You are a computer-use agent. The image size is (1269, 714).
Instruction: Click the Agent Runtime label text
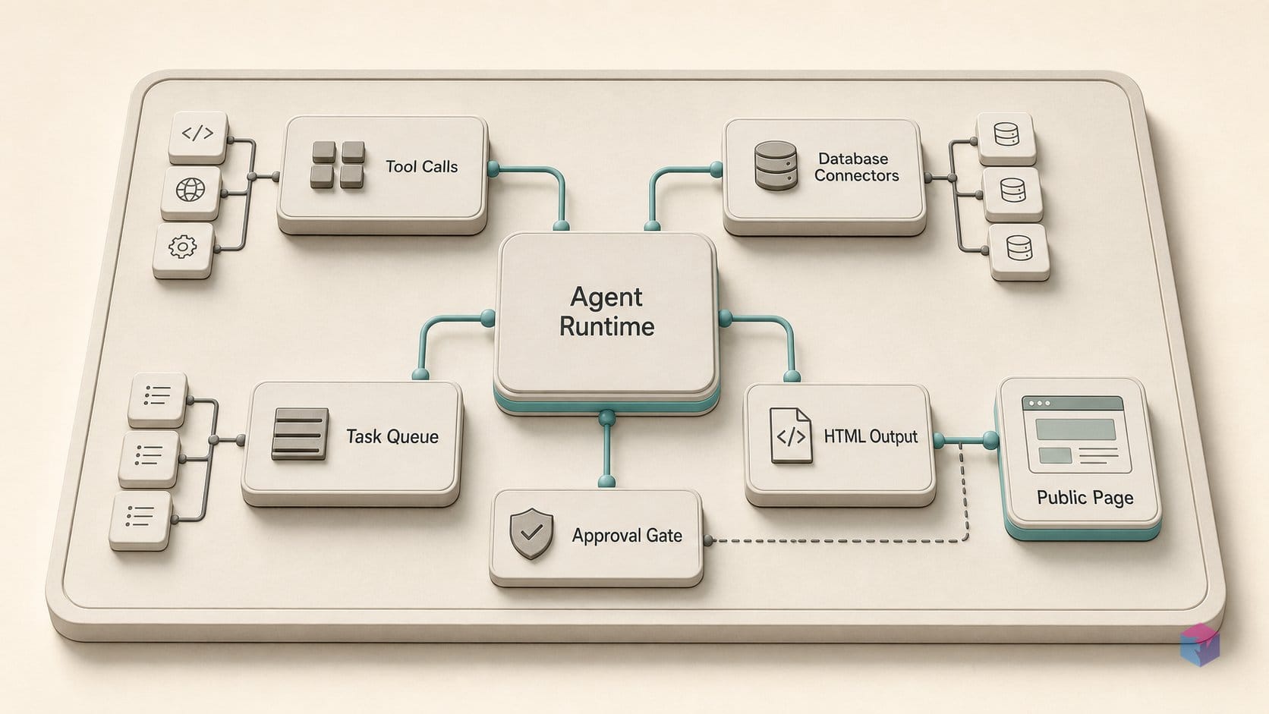coord(606,311)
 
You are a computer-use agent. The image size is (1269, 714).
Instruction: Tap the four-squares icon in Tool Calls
coord(338,165)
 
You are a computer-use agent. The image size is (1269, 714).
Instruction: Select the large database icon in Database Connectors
coord(776,165)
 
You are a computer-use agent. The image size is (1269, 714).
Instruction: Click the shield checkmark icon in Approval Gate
coord(531,533)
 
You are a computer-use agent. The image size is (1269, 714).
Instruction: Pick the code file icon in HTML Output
coord(791,436)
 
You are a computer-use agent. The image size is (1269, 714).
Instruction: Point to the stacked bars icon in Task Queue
coord(300,434)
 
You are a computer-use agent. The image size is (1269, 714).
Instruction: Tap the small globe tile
coord(191,193)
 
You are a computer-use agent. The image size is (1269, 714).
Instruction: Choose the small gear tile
coord(183,250)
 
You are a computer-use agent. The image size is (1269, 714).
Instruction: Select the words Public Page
coord(1085,498)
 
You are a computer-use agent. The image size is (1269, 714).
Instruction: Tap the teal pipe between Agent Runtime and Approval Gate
coord(606,449)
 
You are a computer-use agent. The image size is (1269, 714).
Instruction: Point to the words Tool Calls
coord(421,166)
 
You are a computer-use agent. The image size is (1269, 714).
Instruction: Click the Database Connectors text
coord(856,167)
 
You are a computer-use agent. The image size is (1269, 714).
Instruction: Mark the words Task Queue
coord(392,436)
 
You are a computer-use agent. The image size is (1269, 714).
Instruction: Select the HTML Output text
coord(871,436)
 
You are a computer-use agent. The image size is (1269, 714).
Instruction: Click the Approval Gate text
coord(627,536)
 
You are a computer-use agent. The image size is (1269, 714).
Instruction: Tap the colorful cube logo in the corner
coord(1200,645)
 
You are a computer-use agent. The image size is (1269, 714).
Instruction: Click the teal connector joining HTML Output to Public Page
coord(965,441)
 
